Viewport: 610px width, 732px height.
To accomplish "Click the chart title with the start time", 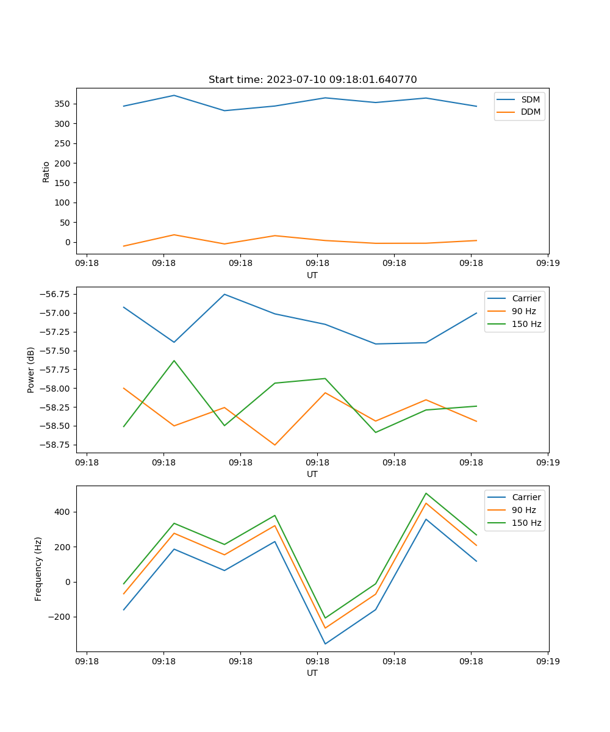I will point(312,80).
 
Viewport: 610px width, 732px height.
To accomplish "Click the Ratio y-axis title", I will point(46,171).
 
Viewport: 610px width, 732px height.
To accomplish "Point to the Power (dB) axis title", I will point(31,370).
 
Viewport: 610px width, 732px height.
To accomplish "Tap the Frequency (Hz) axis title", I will point(38,569).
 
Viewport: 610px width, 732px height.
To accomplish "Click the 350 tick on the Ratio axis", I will point(62,104).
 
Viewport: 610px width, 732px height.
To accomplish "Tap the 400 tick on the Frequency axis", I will point(62,512).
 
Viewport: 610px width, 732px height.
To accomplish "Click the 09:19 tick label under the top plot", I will point(548,263).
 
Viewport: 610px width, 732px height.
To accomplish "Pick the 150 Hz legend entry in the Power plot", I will point(526,324).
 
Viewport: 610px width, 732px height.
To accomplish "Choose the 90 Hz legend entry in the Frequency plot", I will point(524,510).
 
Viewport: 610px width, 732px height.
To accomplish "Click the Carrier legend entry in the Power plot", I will point(526,298).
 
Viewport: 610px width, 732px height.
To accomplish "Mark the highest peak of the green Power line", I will point(174,361).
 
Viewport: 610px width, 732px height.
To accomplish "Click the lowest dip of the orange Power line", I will point(274,445).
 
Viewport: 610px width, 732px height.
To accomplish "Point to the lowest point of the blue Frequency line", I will point(325,644).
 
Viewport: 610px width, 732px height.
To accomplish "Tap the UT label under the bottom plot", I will point(312,673).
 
